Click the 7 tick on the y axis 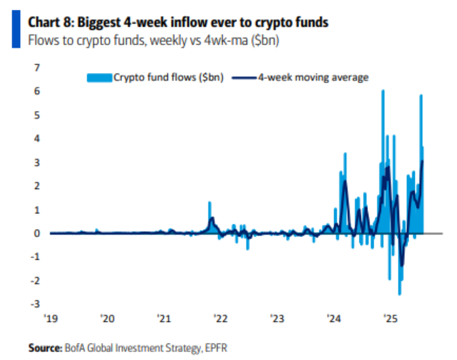point(37,68)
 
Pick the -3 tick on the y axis point(35,305)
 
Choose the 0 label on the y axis point(37,234)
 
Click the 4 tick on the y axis point(37,139)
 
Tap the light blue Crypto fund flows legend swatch point(99,77)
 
